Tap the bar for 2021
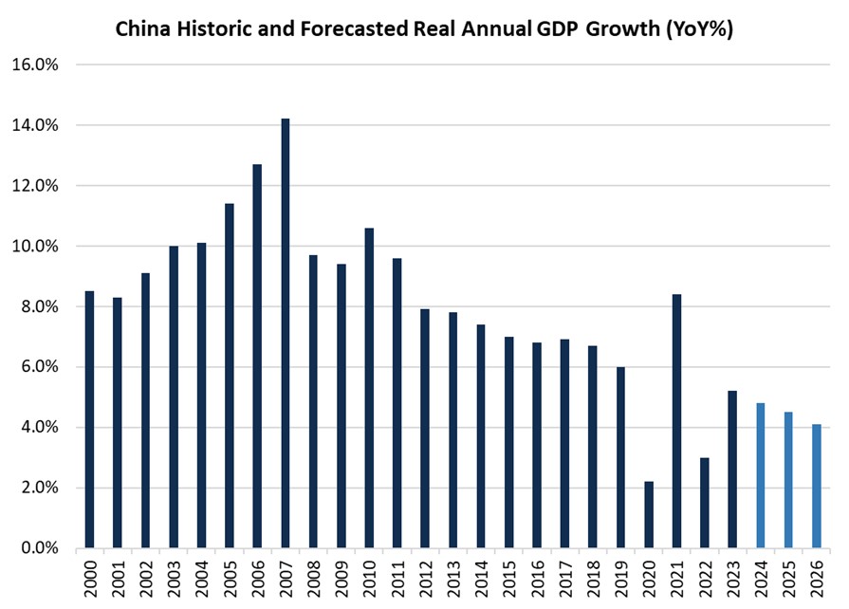676,421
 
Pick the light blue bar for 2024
760,475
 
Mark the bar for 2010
369,388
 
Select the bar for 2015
508,442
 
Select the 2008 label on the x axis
314,576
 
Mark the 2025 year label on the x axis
788,576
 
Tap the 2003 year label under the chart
175,576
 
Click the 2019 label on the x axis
620,576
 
